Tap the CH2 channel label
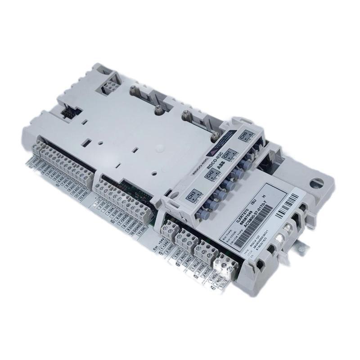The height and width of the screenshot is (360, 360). [x=210, y=174]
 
